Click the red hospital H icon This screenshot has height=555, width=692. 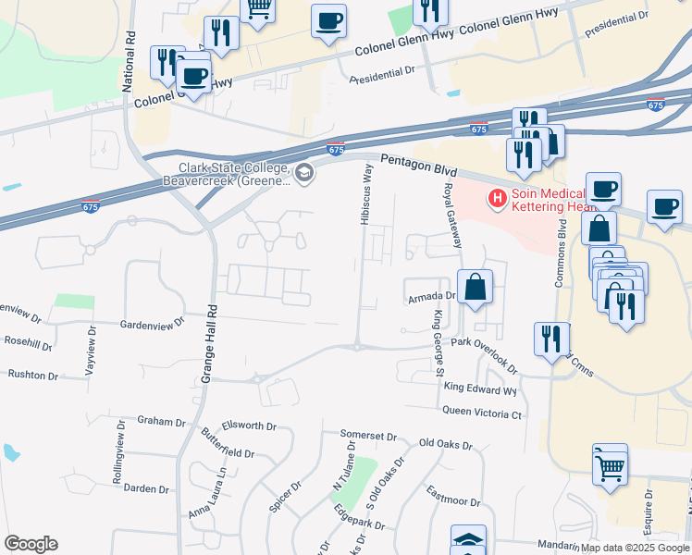coord(498,197)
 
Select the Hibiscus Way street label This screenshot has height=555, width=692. coord(366,193)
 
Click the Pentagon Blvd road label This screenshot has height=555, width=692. coord(419,164)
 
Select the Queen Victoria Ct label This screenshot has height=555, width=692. coord(482,413)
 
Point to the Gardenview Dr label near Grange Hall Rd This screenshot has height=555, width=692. coord(153,325)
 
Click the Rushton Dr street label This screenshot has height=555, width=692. coord(32,376)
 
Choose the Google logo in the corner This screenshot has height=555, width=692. coord(31,544)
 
